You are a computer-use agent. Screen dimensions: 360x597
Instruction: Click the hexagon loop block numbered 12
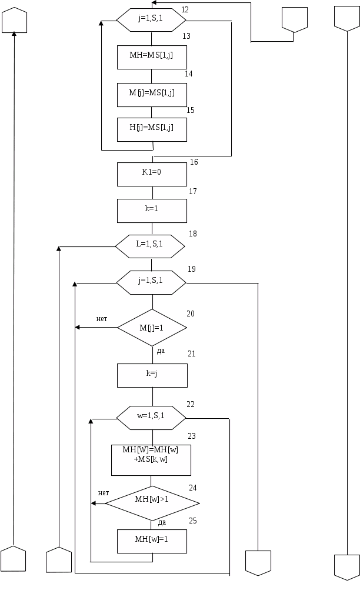pyautogui.click(x=151, y=20)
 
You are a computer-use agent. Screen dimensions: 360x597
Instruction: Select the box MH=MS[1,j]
pyautogui.click(x=152, y=58)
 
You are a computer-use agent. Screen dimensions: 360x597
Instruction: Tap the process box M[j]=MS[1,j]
pyautogui.click(x=152, y=95)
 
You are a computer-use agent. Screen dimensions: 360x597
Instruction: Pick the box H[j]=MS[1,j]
pyautogui.click(x=152, y=130)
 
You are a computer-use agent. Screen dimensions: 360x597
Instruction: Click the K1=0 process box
pyautogui.click(x=152, y=174)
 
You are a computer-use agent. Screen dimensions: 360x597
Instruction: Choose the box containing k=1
pyautogui.click(x=152, y=211)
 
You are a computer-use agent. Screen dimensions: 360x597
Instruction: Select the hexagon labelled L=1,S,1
pyautogui.click(x=150, y=246)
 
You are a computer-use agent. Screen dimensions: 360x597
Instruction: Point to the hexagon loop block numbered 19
pyautogui.click(x=151, y=282)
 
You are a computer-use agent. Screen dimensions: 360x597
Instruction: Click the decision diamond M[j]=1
pyautogui.click(x=152, y=328)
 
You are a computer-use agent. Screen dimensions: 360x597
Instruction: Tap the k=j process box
pyautogui.click(x=152, y=375)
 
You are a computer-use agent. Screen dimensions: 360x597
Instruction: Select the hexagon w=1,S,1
pyautogui.click(x=151, y=418)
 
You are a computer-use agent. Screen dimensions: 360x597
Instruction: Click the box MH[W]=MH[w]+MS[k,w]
pyautogui.click(x=151, y=460)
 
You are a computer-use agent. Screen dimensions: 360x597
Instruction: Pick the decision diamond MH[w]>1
pyautogui.click(x=152, y=503)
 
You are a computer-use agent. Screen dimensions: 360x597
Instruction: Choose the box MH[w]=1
pyautogui.click(x=152, y=541)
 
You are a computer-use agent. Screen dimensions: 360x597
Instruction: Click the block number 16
pyautogui.click(x=194, y=162)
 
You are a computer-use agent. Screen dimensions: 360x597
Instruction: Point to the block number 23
pyautogui.click(x=192, y=436)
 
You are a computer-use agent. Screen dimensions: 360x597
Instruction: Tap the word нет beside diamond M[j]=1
pyautogui.click(x=102, y=319)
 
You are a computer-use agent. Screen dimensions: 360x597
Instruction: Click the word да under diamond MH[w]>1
pyautogui.click(x=162, y=522)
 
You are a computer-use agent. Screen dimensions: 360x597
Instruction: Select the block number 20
pyautogui.click(x=191, y=313)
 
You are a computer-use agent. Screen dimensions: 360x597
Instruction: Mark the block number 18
pyautogui.click(x=193, y=234)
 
